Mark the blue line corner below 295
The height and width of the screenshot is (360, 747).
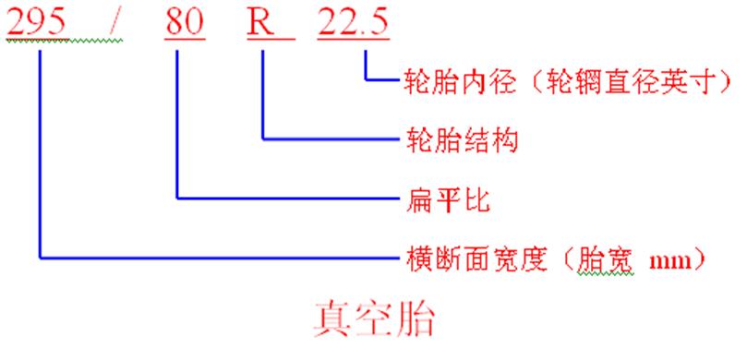coord(41,256)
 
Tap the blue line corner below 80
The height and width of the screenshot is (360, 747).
coord(175,198)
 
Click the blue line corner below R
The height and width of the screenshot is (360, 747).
coord(264,139)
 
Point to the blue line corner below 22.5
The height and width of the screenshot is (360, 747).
coord(366,80)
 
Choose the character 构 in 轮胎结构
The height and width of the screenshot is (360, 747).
coord(504,139)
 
